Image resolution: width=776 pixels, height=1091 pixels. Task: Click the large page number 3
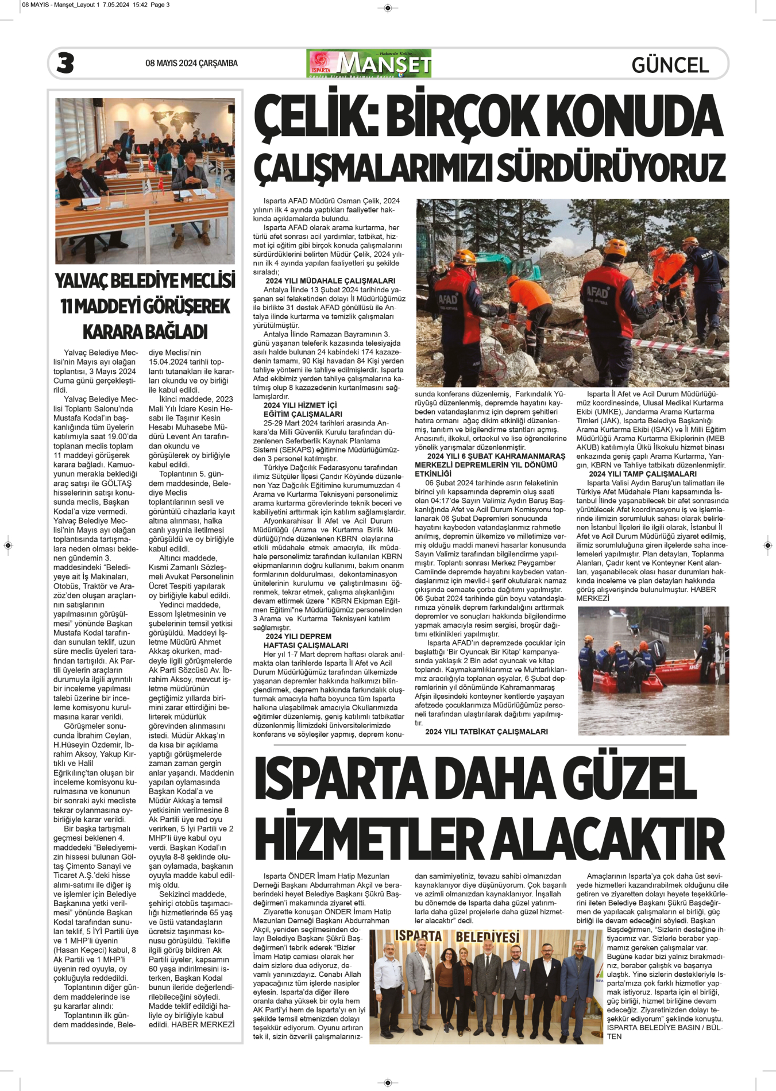[x=65, y=63]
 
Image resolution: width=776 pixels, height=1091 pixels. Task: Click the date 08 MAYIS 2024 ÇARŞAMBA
[x=191, y=63]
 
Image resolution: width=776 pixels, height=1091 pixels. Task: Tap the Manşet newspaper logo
[x=369, y=63]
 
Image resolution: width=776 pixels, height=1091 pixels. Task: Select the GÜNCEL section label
[x=670, y=65]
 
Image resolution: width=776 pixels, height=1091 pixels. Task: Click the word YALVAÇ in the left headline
[x=87, y=281]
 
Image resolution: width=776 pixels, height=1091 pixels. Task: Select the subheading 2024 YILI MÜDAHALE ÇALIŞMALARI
[x=330, y=281]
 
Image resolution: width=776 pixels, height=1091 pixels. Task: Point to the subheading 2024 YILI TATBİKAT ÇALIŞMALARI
[x=486, y=732]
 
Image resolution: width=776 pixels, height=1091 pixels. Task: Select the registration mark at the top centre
[x=388, y=7]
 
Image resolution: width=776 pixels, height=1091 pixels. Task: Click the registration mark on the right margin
[x=768, y=545]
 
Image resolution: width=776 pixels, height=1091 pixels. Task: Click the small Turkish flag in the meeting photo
[x=152, y=164]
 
